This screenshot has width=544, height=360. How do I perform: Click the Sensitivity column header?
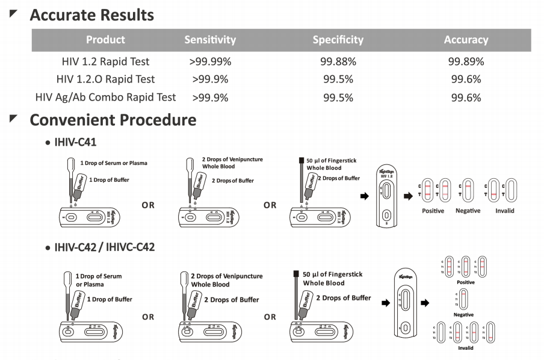(210, 40)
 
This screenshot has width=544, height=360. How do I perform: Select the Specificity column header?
(338, 40)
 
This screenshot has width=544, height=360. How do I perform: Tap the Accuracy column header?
(466, 40)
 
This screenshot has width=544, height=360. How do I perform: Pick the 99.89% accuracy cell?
(466, 61)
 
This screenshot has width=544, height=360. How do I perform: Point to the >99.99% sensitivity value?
(210, 61)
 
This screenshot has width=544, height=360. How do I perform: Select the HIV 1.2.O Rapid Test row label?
(105, 79)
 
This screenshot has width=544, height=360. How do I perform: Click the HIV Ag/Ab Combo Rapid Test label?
(105, 97)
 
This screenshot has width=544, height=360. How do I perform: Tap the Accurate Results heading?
(91, 14)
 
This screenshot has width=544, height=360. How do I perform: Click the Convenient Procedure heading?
(113, 120)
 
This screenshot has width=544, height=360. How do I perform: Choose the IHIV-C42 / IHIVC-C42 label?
(104, 247)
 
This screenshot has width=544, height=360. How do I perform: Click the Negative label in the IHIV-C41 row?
(468, 211)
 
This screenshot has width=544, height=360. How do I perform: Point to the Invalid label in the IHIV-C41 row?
(504, 211)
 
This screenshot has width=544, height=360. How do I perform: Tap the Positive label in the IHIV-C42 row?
(465, 282)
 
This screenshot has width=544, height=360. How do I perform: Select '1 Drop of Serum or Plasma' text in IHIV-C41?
(114, 163)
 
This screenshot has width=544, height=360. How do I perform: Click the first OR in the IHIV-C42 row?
(148, 317)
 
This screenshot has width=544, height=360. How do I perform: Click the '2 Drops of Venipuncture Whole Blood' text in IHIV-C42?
(226, 280)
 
